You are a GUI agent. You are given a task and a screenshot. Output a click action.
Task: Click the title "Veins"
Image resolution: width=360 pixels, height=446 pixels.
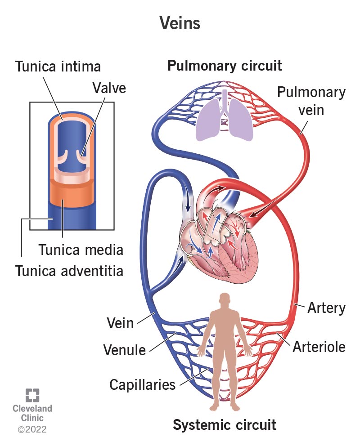180,23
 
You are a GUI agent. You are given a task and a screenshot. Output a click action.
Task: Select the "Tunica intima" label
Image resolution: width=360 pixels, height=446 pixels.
58,67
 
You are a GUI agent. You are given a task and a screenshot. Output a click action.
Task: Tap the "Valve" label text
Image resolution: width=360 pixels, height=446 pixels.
109,87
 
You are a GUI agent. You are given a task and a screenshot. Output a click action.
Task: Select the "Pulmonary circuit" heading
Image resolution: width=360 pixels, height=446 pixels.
225,66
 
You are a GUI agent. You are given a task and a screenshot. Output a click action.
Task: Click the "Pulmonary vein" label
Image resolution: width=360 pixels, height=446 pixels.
311,100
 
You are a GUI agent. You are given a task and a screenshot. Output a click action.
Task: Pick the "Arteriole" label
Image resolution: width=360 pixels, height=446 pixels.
319,347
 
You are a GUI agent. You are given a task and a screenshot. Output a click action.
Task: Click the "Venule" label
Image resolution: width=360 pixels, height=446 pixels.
124,349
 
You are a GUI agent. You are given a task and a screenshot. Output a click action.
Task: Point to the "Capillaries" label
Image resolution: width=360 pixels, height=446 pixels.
143,384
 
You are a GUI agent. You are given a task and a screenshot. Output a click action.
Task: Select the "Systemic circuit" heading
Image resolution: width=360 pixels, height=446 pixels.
225,424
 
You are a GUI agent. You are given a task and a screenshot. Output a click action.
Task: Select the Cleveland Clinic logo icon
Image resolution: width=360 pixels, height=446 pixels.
32,395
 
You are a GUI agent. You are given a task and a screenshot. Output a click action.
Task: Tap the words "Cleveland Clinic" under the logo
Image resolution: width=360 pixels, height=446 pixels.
32,413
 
